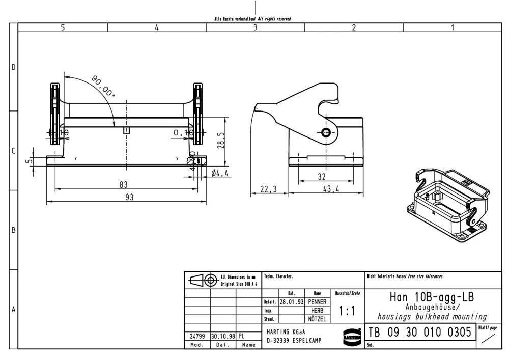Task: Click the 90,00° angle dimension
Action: click(104, 87)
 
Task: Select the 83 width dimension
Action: click(124, 184)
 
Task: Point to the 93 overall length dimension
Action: click(129, 197)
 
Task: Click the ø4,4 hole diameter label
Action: click(220, 174)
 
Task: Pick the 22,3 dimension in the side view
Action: click(268, 189)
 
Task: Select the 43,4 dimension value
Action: click(331, 189)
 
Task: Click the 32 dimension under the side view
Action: click(321, 176)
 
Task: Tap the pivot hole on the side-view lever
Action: click(326, 133)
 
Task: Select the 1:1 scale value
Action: click(347, 311)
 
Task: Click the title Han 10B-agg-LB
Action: click(432, 297)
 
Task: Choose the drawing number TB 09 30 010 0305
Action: click(419, 333)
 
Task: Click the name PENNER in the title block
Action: click(317, 302)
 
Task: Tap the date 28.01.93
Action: click(291, 302)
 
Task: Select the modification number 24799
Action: click(197, 336)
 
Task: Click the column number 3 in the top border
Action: click(256, 28)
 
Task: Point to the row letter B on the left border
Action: click(14, 230)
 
